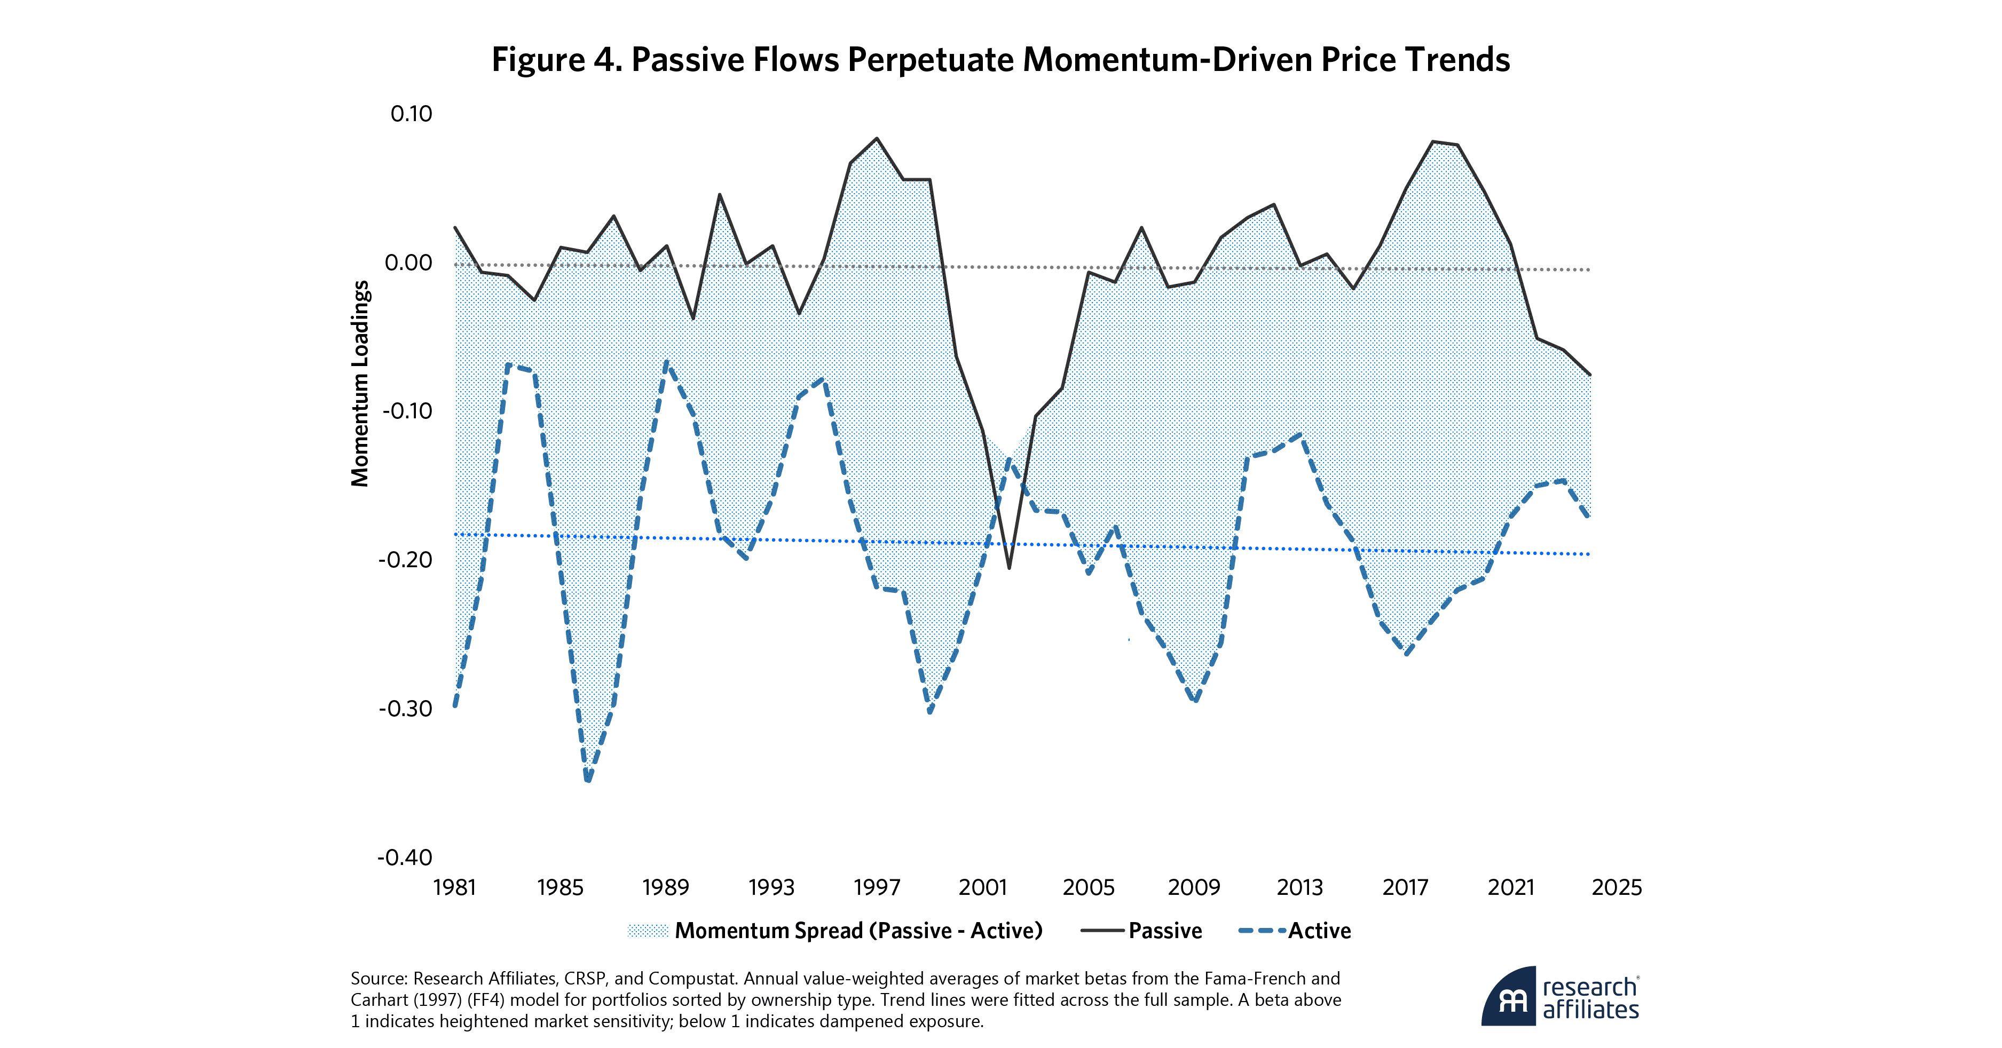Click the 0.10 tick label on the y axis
pos(411,114)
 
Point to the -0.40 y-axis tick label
pos(404,858)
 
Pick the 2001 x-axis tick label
pos(982,887)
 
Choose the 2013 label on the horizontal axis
pos(1299,887)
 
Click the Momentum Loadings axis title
pos(360,384)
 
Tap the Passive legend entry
pos(1164,931)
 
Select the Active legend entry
pos(1319,931)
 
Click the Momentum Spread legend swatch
pos(648,931)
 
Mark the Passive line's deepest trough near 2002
pos(1009,568)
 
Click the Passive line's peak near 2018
pos(1432,141)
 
